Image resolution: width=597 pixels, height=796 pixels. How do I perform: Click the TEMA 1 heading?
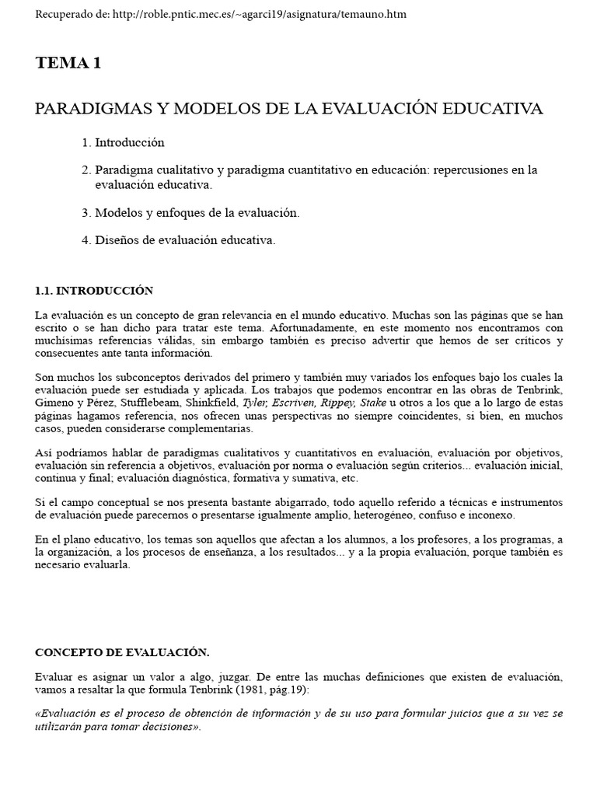click(68, 64)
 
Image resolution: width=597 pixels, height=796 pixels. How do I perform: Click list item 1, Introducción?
click(130, 143)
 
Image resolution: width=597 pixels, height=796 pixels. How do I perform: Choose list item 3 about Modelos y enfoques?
click(197, 212)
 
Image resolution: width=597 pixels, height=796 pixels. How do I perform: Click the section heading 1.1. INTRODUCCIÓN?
click(94, 291)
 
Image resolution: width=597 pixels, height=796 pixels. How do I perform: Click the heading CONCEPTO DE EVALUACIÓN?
click(122, 651)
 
